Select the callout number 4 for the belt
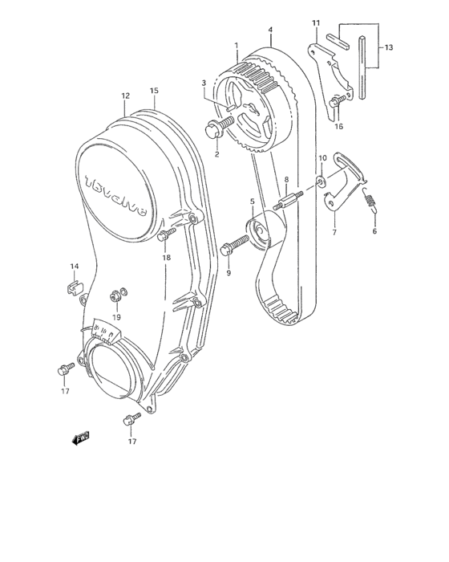[x=270, y=30]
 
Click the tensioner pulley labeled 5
[x=262, y=232]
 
